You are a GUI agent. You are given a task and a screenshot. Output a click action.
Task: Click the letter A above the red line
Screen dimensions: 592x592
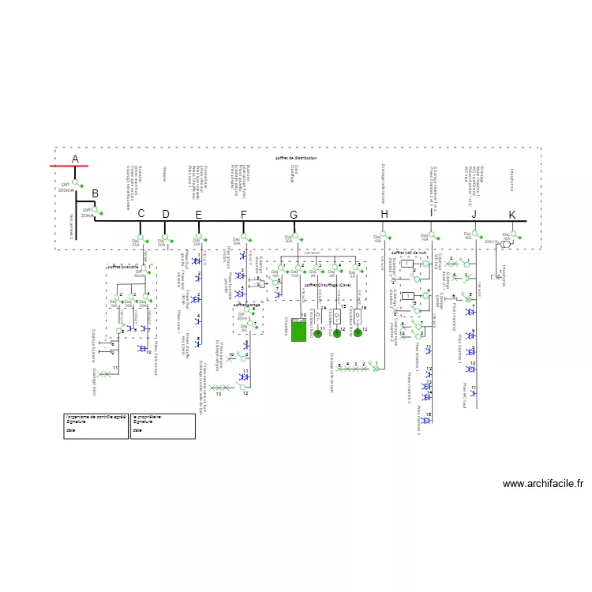(75, 159)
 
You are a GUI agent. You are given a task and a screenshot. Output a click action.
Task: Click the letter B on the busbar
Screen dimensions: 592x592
(95, 194)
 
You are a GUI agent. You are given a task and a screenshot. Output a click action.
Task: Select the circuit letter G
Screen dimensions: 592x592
(294, 215)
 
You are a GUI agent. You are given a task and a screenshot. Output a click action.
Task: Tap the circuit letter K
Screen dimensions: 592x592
(511, 215)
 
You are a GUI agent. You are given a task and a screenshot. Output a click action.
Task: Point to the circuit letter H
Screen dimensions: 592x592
(384, 215)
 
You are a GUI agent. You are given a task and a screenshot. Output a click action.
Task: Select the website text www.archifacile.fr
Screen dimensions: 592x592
(542, 484)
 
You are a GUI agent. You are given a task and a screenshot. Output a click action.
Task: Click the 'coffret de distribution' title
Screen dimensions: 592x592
(296, 159)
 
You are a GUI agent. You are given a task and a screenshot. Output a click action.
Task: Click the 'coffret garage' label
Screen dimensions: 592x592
(247, 304)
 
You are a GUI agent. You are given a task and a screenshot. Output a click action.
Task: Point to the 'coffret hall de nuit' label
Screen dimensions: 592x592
(409, 253)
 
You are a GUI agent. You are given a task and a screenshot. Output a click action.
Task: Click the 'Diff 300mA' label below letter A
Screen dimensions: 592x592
(66, 188)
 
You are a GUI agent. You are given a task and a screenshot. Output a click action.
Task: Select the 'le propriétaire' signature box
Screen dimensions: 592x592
(163, 426)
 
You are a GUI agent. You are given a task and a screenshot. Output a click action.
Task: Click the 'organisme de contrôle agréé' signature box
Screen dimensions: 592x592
(97, 426)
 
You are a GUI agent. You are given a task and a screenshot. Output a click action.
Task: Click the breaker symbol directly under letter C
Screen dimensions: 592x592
(141, 238)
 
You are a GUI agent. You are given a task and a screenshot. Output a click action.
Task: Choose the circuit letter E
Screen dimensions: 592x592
(198, 215)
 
